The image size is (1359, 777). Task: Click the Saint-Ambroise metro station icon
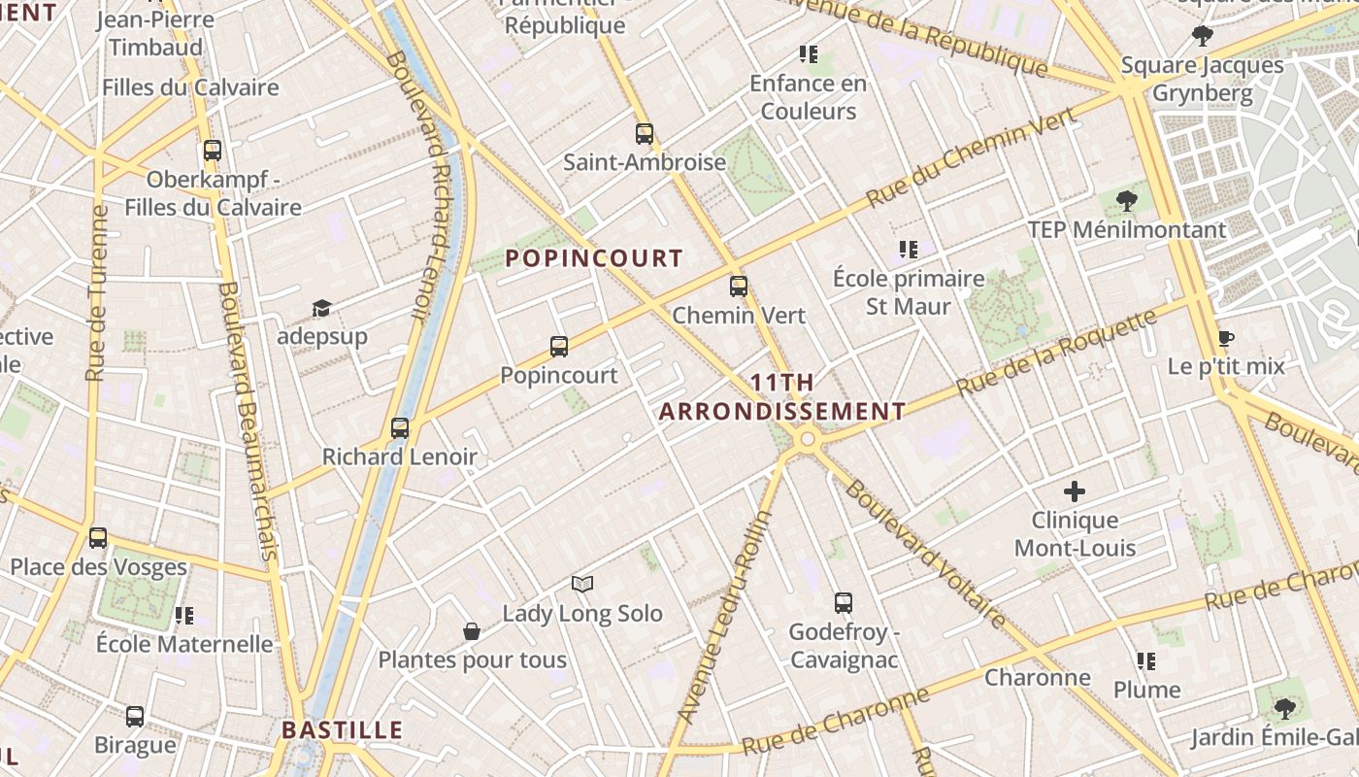(644, 134)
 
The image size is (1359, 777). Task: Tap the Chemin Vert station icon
(739, 287)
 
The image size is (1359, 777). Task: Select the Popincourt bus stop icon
(559, 347)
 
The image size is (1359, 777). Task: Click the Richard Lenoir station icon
(400, 428)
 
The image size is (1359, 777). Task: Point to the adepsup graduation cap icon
(321, 309)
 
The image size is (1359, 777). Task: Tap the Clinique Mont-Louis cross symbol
(1075, 491)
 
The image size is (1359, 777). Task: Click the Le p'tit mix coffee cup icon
(1225, 339)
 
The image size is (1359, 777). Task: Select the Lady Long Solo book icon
(582, 584)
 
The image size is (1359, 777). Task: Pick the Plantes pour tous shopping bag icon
(472, 631)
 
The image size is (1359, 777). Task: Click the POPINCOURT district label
(594, 258)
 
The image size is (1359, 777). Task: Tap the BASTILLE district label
(342, 730)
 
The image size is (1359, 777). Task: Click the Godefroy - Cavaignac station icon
(844, 603)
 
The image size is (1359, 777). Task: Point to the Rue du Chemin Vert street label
(972, 157)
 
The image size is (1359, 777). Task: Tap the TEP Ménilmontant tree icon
(1127, 202)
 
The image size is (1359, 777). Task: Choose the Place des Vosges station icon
(98, 538)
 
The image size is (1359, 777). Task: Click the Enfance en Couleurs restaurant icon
(809, 54)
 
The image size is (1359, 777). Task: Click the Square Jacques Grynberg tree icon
(1203, 37)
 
